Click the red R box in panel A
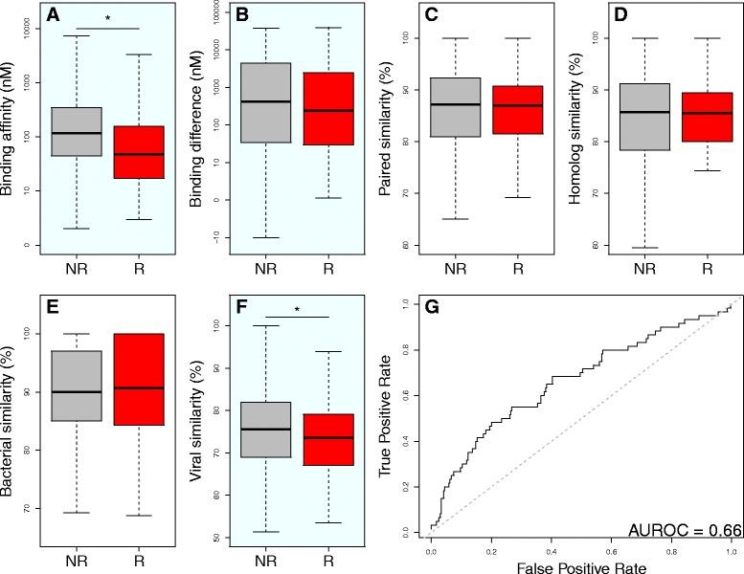(138, 151)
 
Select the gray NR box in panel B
(265, 103)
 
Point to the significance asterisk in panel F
(296, 309)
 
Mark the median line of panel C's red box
(518, 105)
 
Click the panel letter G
(432, 307)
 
